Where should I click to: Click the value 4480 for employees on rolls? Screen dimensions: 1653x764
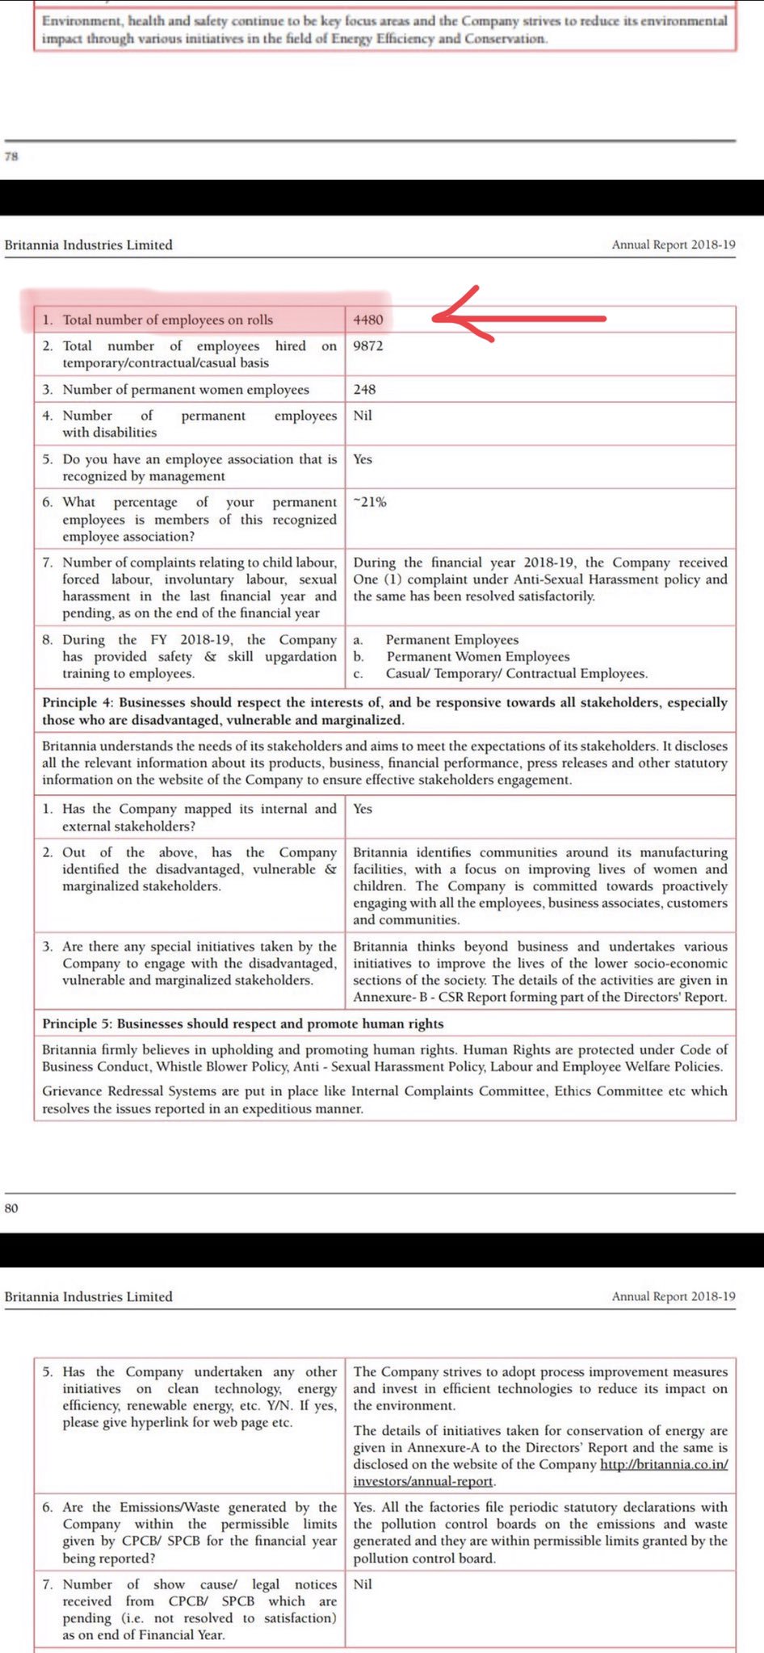tap(368, 320)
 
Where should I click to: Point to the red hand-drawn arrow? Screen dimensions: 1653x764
tap(517, 317)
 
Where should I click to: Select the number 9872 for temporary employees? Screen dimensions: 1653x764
tap(368, 346)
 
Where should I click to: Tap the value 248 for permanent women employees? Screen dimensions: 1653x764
tap(364, 390)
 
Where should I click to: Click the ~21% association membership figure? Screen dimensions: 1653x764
tap(370, 502)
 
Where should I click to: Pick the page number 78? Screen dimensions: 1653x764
tap(11, 157)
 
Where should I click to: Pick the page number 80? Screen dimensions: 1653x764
tap(11, 1208)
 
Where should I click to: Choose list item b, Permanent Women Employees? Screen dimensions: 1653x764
tap(477, 657)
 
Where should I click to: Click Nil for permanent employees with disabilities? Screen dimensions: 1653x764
tap(363, 416)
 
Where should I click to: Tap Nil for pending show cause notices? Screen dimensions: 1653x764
tap(363, 1584)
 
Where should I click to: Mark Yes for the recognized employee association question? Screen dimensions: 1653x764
tap(363, 459)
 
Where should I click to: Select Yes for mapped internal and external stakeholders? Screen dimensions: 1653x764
tap(363, 809)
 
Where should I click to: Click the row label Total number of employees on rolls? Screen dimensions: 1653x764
tap(167, 320)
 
